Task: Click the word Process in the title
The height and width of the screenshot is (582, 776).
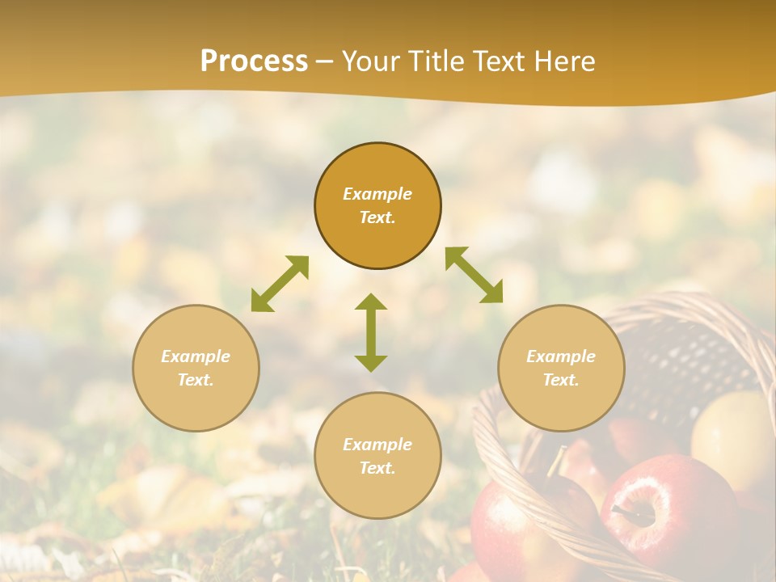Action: point(254,61)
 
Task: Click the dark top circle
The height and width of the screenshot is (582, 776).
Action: point(377,206)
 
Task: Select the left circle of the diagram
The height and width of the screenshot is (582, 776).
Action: point(196,368)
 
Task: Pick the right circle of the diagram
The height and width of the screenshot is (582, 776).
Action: point(561,368)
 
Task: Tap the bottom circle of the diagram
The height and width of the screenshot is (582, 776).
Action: point(377,456)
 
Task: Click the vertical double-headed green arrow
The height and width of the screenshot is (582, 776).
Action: point(371,332)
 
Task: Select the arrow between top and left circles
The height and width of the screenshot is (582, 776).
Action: point(280,284)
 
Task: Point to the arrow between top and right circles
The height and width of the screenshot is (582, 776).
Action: point(474,275)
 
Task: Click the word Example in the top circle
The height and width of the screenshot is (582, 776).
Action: point(377,194)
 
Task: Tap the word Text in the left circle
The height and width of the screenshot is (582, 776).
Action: point(196,380)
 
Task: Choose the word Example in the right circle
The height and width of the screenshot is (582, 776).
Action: point(561,356)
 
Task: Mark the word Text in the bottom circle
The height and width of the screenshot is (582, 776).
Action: point(377,468)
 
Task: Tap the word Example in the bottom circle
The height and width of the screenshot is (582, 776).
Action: point(377,445)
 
